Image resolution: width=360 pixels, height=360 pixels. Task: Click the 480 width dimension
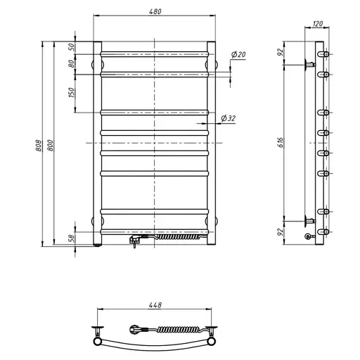(155, 11)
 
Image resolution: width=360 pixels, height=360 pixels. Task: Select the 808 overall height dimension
(39, 146)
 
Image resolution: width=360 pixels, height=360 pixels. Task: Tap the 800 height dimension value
(51, 146)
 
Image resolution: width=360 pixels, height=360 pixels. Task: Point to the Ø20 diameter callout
(238, 54)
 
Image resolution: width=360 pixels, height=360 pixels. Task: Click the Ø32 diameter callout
(229, 118)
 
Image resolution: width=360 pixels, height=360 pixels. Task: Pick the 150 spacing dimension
(72, 93)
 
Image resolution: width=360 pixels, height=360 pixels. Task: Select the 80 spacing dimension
(72, 64)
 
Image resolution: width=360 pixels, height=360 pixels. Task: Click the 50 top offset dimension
(72, 47)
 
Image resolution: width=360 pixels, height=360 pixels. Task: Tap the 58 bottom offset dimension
(72, 238)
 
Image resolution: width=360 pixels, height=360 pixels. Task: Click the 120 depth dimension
(318, 24)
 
